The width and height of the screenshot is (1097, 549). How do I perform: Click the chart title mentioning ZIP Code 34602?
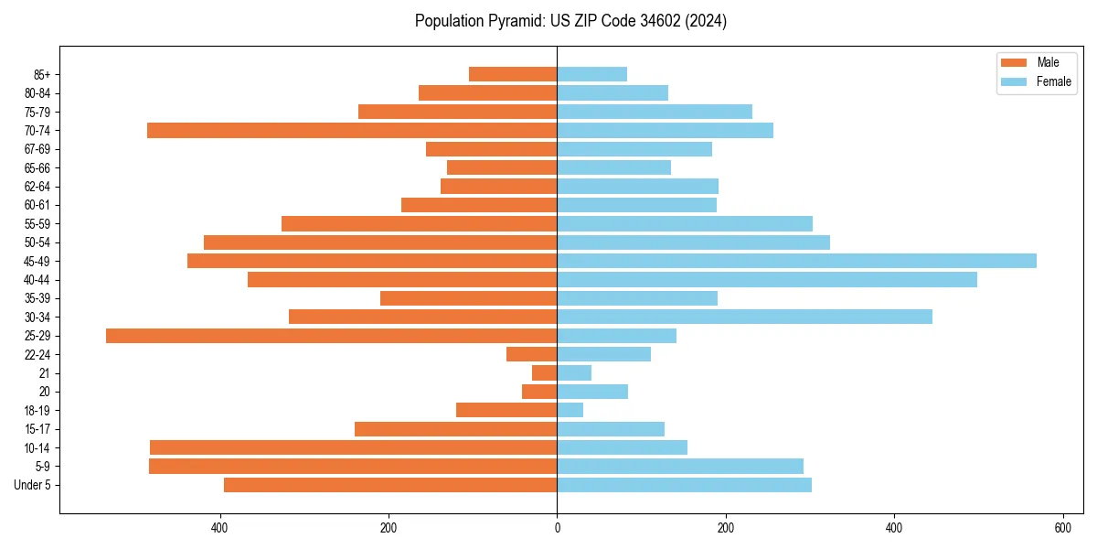[570, 21]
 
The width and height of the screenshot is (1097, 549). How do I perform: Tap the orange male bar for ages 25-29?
[331, 336]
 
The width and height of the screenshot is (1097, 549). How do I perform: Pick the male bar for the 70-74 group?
[352, 130]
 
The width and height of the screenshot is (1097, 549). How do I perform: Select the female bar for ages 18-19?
[570, 410]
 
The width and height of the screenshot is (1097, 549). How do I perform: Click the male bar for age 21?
[544, 373]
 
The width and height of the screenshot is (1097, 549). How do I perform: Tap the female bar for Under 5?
[684, 485]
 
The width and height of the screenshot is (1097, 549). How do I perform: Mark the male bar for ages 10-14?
[353, 447]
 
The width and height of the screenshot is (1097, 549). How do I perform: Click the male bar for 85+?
[513, 74]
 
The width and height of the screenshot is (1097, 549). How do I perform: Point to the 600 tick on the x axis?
[1062, 528]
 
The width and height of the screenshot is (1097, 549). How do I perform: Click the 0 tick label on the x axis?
[557, 528]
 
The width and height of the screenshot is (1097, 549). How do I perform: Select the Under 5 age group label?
[32, 485]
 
